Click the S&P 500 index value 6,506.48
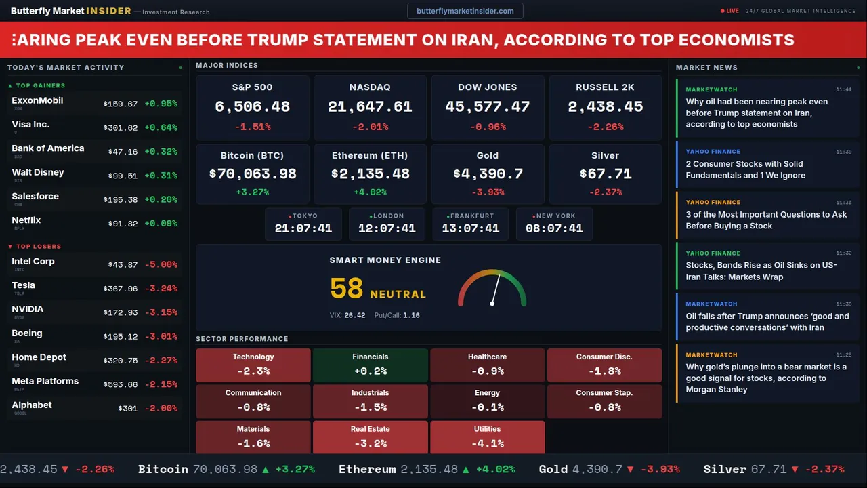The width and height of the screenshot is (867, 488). click(x=252, y=107)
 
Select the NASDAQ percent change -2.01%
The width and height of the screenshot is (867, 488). click(x=370, y=127)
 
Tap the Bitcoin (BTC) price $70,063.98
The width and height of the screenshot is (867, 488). click(x=252, y=174)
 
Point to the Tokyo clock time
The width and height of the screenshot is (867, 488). click(x=303, y=228)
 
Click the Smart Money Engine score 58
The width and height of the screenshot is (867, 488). click(x=346, y=289)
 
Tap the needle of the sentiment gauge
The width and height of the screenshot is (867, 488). click(x=495, y=290)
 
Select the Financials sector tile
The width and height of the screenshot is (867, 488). click(x=370, y=365)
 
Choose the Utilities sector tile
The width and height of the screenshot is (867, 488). click(x=487, y=437)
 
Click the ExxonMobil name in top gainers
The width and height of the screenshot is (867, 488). click(x=37, y=100)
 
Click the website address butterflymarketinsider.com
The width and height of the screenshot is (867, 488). click(x=465, y=11)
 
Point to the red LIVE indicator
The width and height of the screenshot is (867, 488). click(x=730, y=11)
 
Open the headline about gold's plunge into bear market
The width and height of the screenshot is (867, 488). click(x=765, y=378)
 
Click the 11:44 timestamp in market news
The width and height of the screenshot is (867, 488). click(x=843, y=89)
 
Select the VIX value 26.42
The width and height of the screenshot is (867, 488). click(x=354, y=315)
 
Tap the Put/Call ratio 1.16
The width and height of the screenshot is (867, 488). click(x=411, y=315)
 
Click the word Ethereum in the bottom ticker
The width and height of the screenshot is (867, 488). click(x=367, y=469)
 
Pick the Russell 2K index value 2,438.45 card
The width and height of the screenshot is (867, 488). click(x=605, y=107)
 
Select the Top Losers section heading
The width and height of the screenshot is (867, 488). click(x=38, y=247)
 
